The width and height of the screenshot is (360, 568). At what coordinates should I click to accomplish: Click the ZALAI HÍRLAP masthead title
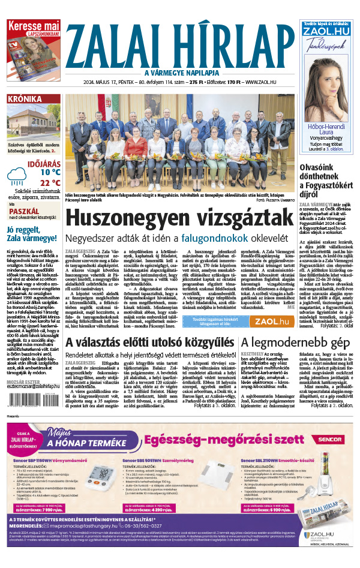click(x=180, y=45)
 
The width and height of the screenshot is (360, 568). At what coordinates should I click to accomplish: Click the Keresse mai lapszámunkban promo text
click(x=34, y=29)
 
